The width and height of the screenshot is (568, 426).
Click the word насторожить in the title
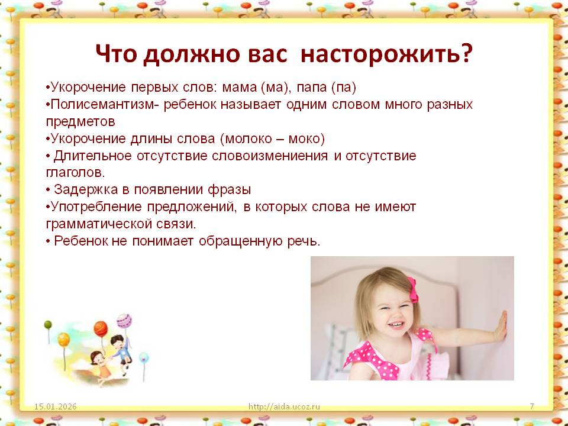click(387, 54)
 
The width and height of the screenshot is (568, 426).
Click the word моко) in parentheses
click(306, 138)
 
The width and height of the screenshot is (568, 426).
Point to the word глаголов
click(75, 173)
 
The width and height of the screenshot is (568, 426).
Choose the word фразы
click(230, 190)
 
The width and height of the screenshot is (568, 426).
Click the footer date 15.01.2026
click(56, 406)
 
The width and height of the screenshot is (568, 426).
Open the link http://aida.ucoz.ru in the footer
click(285, 406)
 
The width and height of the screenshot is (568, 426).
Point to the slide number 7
click(532, 406)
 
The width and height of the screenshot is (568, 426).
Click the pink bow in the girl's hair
click(412, 289)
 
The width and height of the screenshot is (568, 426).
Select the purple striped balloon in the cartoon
click(124, 321)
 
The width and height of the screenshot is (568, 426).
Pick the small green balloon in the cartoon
click(48, 325)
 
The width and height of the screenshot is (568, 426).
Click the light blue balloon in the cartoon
click(144, 358)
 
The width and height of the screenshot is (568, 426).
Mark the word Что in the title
click(117, 54)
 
